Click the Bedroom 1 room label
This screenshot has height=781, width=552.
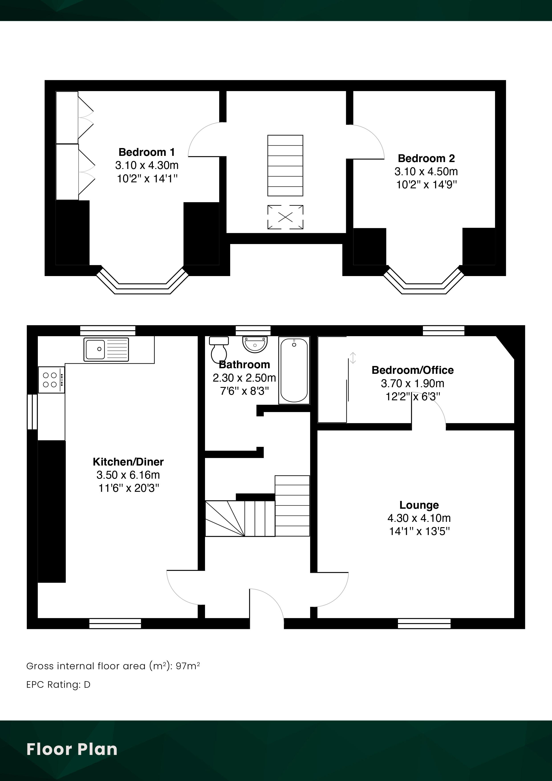click(x=147, y=152)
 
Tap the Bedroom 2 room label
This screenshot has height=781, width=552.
click(x=426, y=159)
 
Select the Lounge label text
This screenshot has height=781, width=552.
click(x=419, y=505)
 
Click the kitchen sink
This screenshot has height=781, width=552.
click(x=106, y=349)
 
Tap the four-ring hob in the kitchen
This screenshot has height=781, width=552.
click(x=51, y=380)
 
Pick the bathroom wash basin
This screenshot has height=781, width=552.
click(x=255, y=344)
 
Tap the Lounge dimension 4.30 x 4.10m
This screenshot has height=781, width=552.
click(x=419, y=518)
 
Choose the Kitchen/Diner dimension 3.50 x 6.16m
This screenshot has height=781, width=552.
click(x=128, y=475)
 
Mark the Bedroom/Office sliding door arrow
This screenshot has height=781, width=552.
click(x=353, y=358)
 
